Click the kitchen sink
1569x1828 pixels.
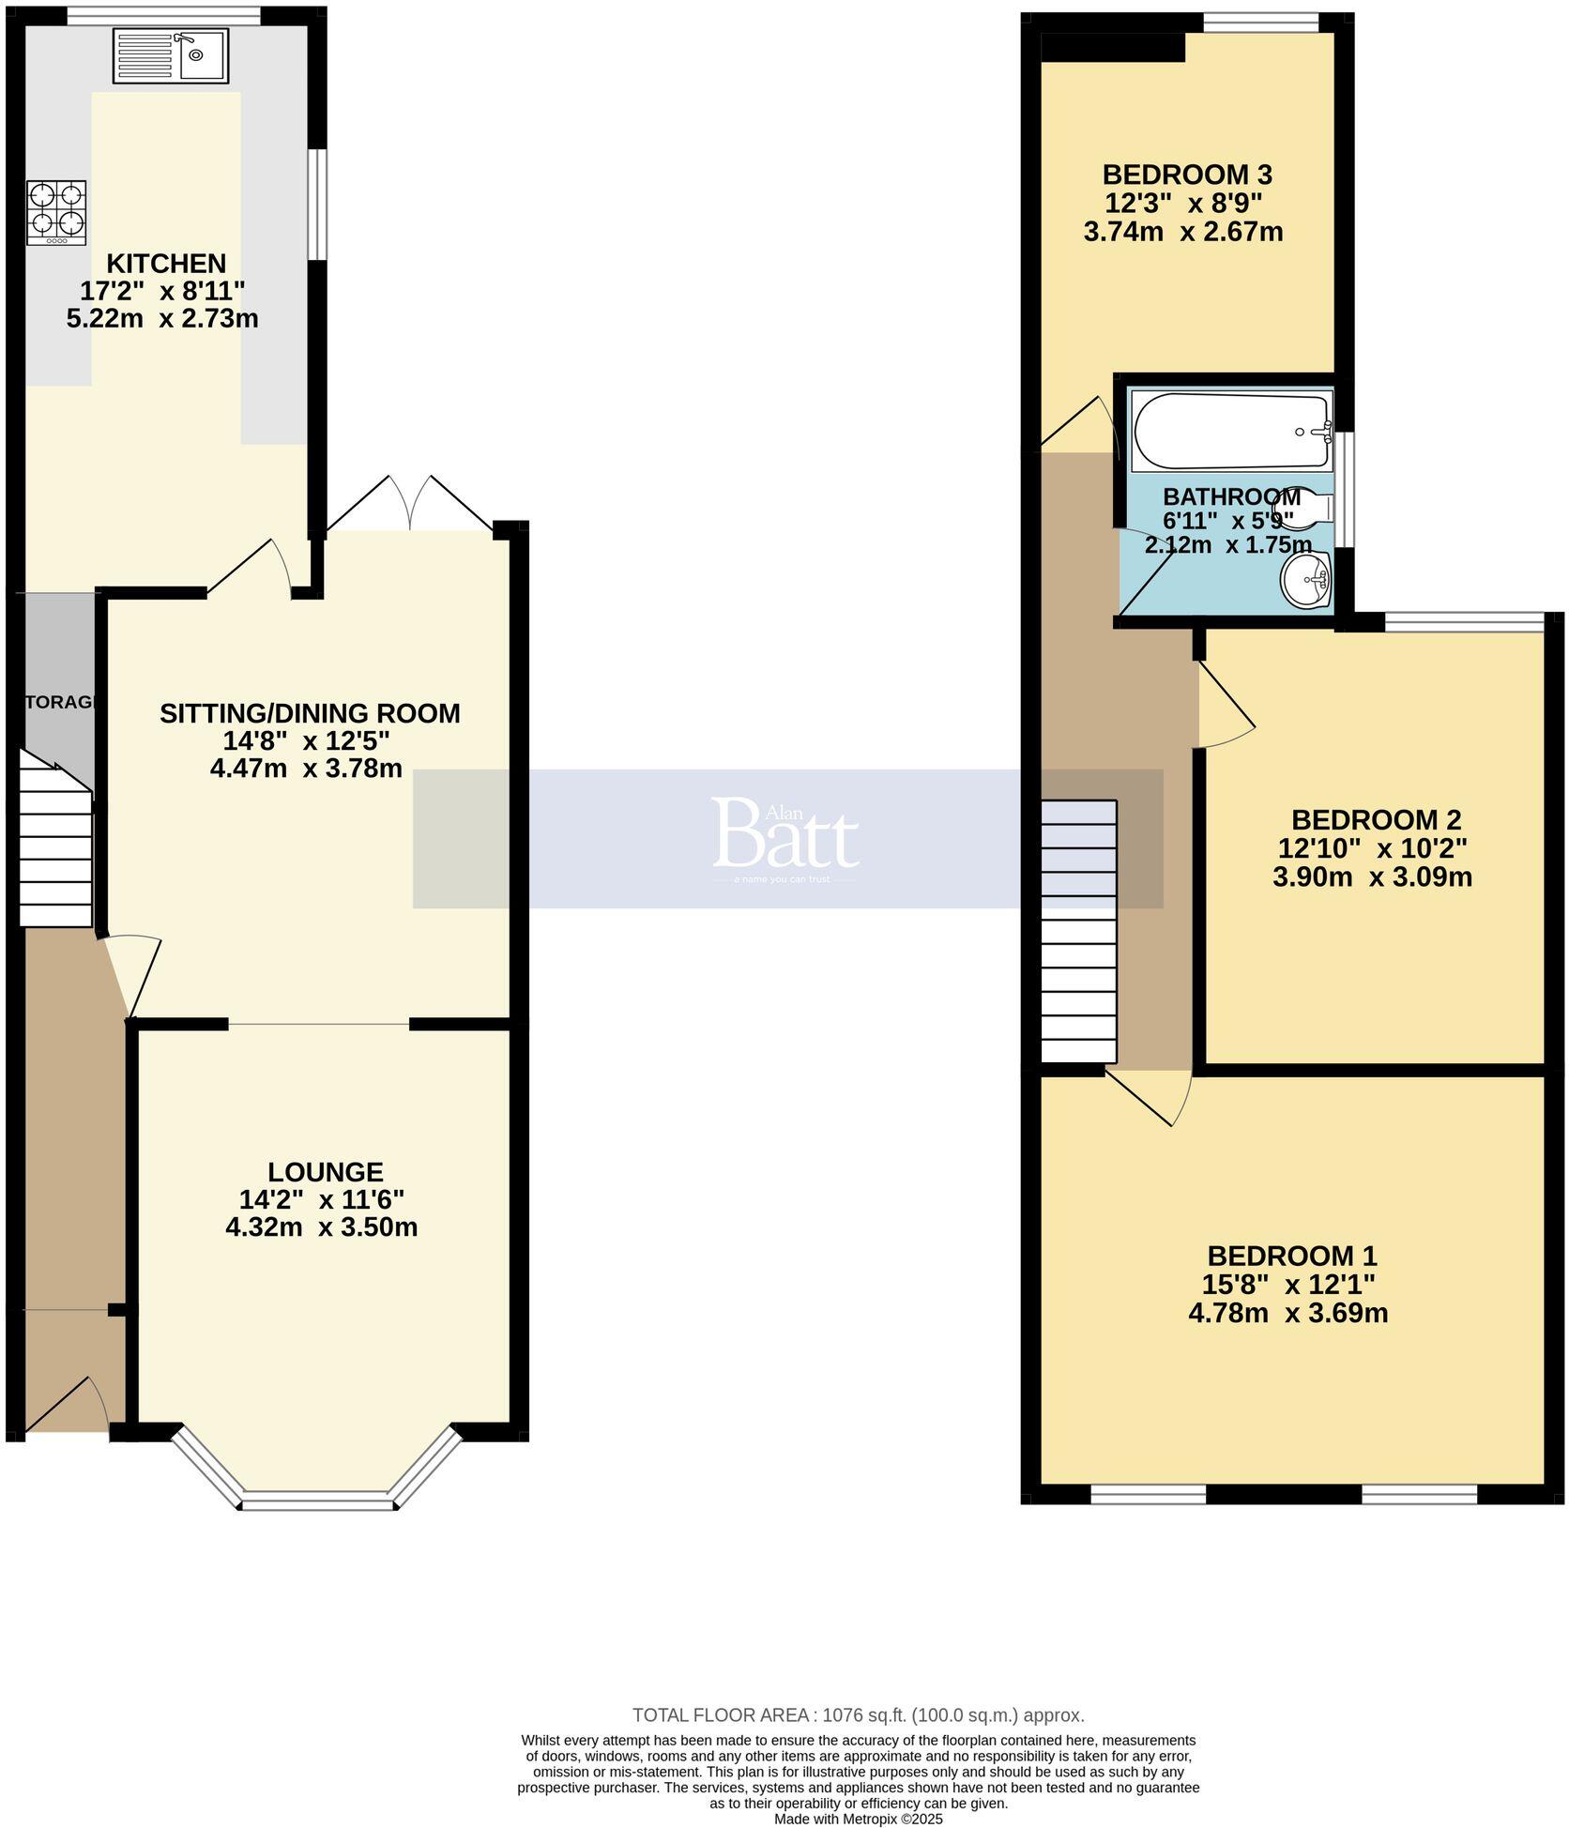(170, 54)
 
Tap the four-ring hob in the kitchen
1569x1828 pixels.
(57, 213)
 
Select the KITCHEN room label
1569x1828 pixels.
(166, 264)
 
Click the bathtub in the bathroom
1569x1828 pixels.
(1232, 431)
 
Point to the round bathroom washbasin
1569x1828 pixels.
(1305, 580)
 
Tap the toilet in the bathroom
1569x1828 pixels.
(1308, 508)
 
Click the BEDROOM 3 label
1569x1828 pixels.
(1187, 175)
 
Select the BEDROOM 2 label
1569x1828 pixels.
(1376, 820)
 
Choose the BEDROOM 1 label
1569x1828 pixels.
(1291, 1256)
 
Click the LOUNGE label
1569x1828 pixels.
(326, 1172)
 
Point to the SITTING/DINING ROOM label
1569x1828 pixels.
(310, 713)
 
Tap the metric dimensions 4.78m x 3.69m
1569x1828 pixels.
(1287, 1313)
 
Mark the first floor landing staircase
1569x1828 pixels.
(1079, 931)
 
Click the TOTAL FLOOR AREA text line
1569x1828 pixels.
(858, 1715)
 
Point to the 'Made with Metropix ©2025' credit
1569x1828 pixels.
(858, 1819)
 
